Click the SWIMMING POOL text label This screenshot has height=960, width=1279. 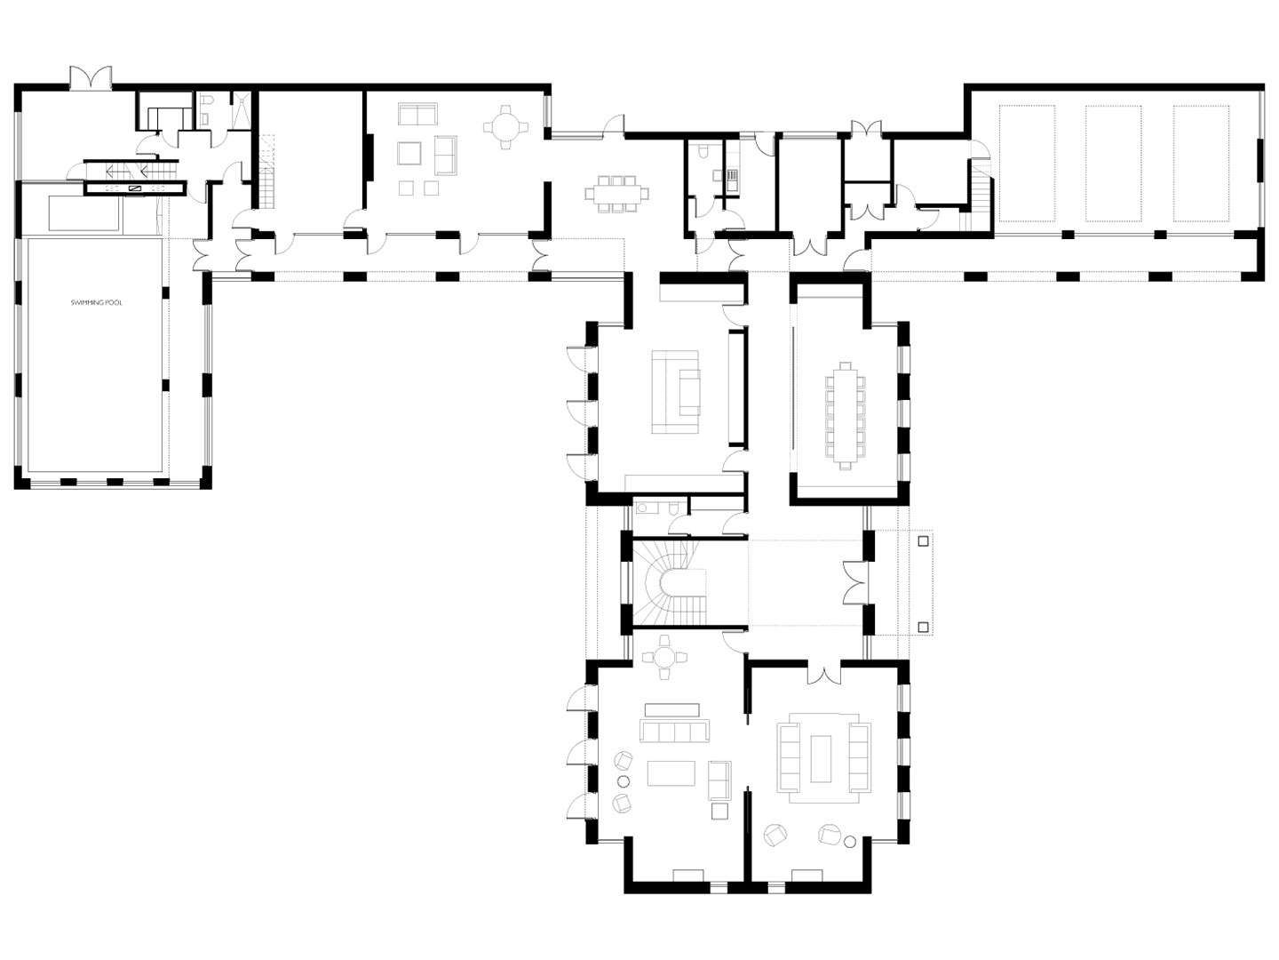click(96, 303)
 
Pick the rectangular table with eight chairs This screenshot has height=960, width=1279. click(617, 193)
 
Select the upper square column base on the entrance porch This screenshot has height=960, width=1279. click(922, 541)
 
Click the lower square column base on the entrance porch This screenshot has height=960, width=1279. click(922, 628)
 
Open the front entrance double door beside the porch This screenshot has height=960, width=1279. click(855, 582)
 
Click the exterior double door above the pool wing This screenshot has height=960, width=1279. click(91, 77)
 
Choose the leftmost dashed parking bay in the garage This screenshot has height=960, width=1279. click(1027, 164)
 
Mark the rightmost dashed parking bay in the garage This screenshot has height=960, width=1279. click(1200, 164)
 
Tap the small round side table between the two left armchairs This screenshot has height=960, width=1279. click(624, 781)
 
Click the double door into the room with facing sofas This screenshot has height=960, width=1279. click(824, 674)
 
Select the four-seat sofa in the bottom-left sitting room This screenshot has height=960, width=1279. click(674, 731)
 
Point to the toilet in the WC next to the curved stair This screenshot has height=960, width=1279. click(675, 508)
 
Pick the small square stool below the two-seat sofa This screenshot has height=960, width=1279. click(719, 811)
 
